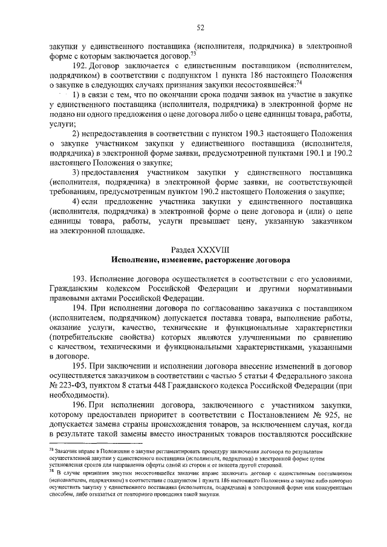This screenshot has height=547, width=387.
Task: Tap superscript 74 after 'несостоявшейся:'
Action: point(298,82)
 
